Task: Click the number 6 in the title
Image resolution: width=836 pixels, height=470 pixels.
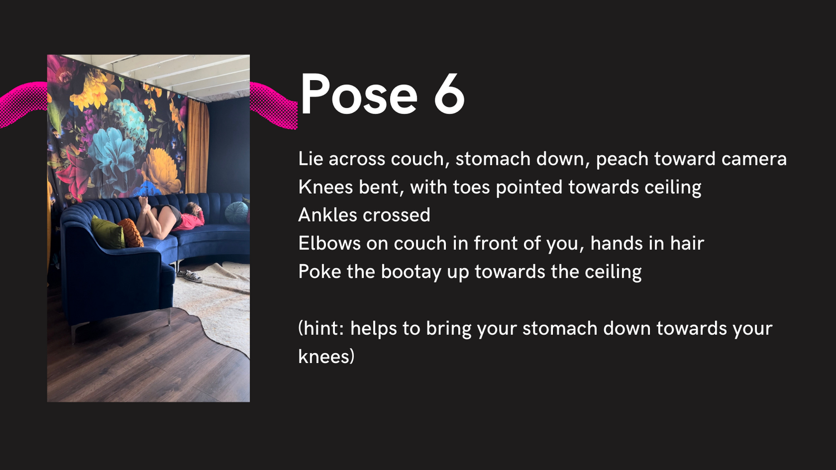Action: tap(449, 94)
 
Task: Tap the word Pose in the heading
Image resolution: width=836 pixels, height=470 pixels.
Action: tap(359, 94)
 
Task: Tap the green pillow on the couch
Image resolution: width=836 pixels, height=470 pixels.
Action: tap(108, 234)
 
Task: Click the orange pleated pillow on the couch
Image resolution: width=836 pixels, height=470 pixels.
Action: tap(130, 232)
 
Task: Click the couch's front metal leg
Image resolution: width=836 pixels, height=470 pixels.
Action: tap(74, 332)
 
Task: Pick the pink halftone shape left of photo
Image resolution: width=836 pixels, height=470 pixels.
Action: tap(23, 105)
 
